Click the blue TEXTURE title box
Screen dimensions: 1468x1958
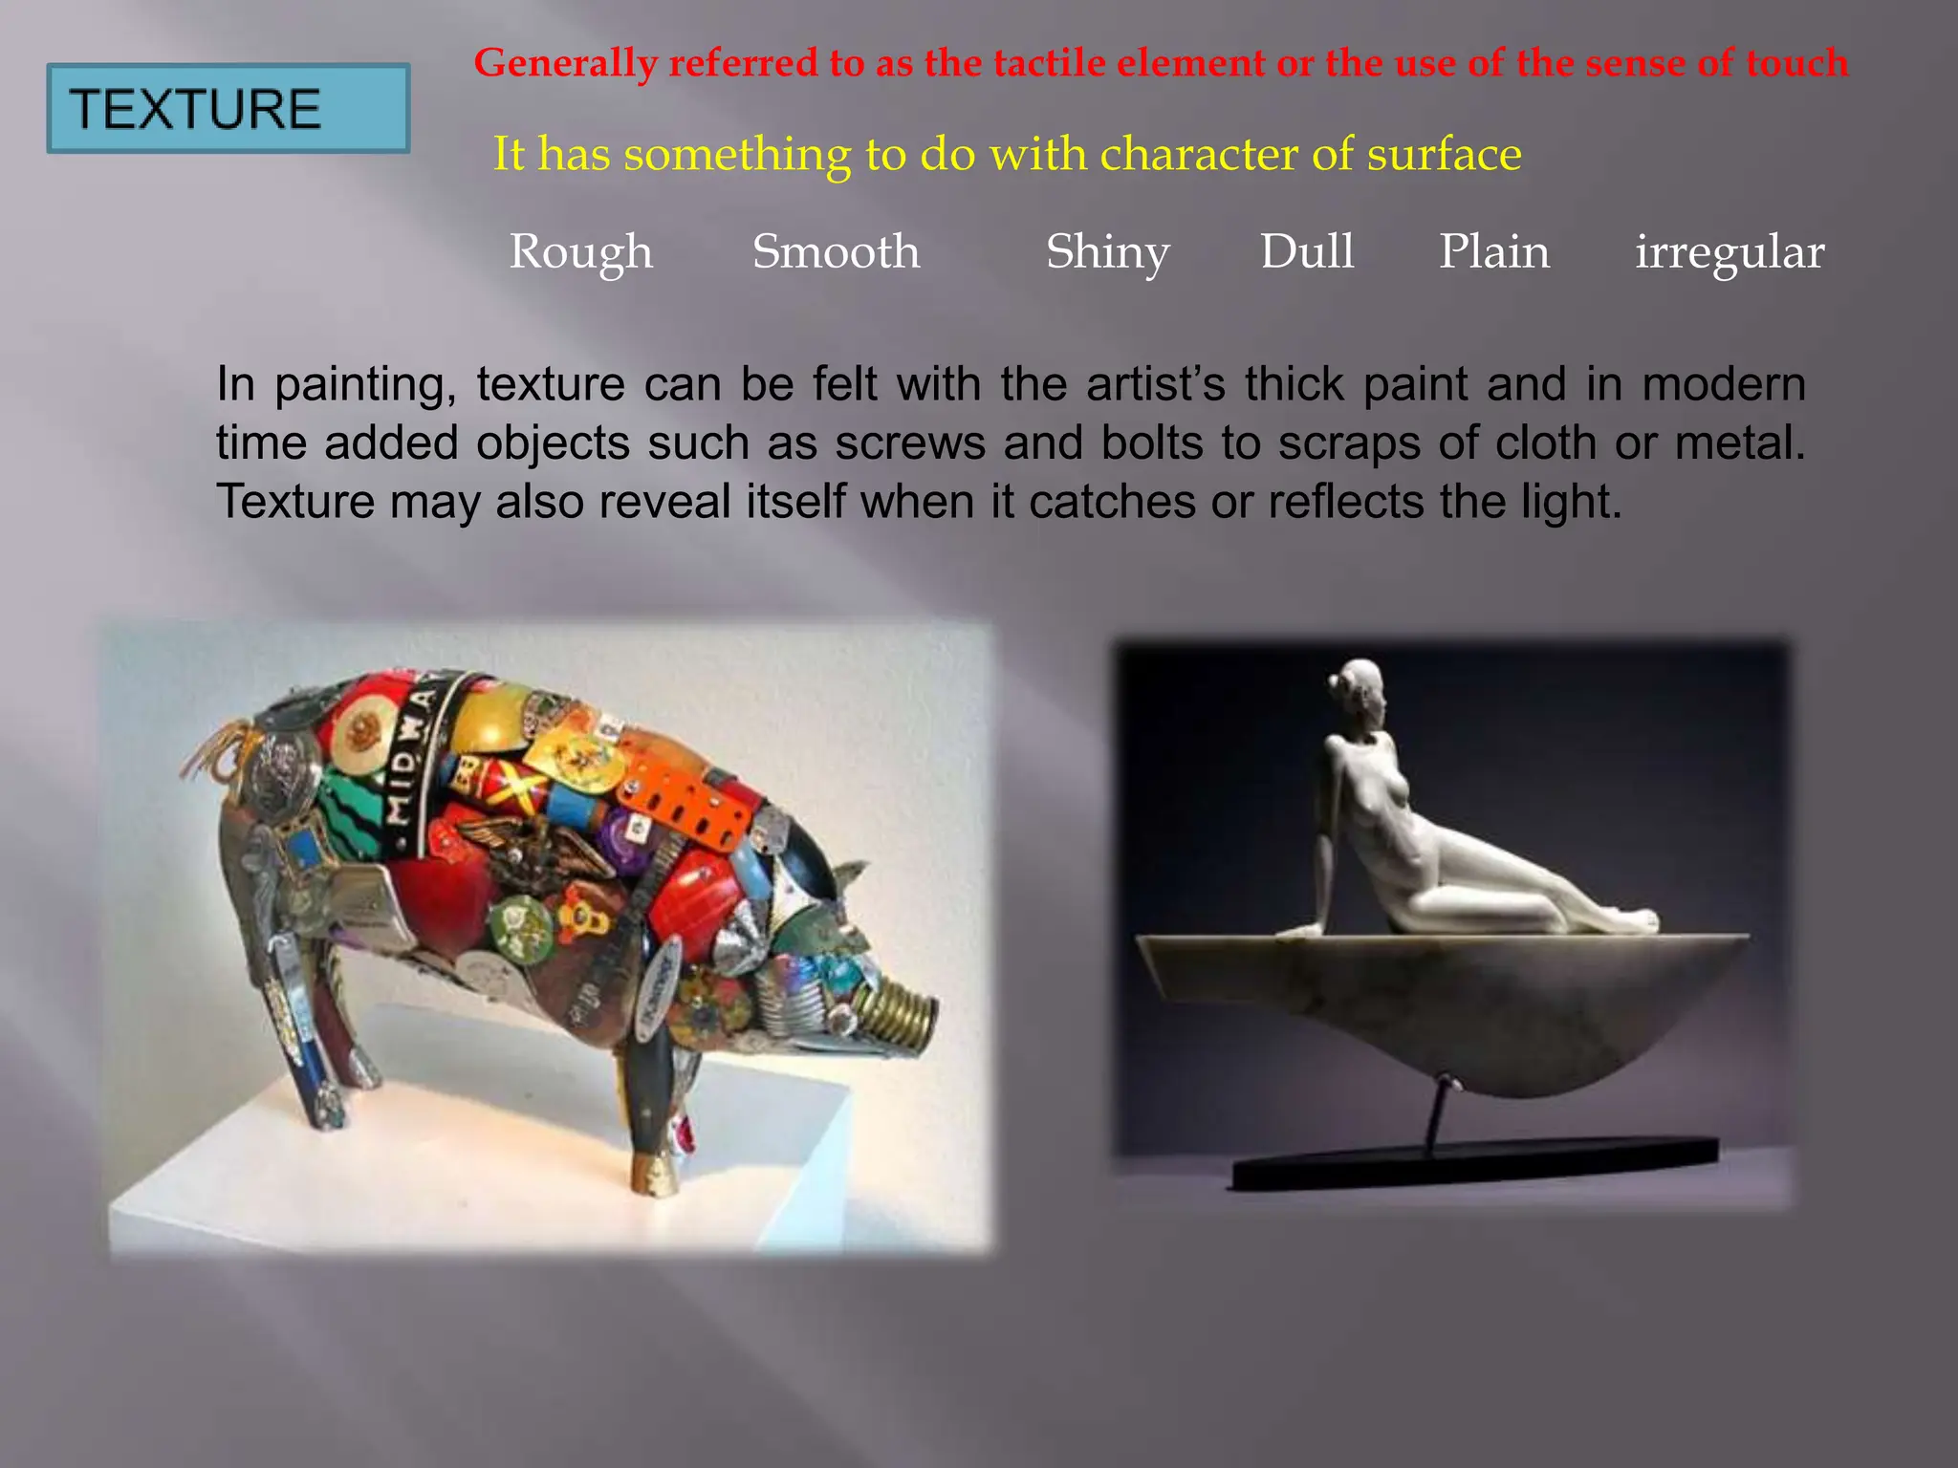[x=228, y=108]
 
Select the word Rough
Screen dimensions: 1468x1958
[x=580, y=252]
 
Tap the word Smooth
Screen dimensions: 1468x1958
[x=836, y=251]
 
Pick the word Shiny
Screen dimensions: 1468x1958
[x=1107, y=252]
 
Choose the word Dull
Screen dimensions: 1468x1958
[x=1307, y=251]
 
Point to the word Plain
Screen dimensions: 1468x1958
[x=1494, y=251]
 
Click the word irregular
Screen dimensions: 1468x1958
[x=1730, y=252]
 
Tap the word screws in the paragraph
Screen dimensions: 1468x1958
[x=909, y=443]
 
